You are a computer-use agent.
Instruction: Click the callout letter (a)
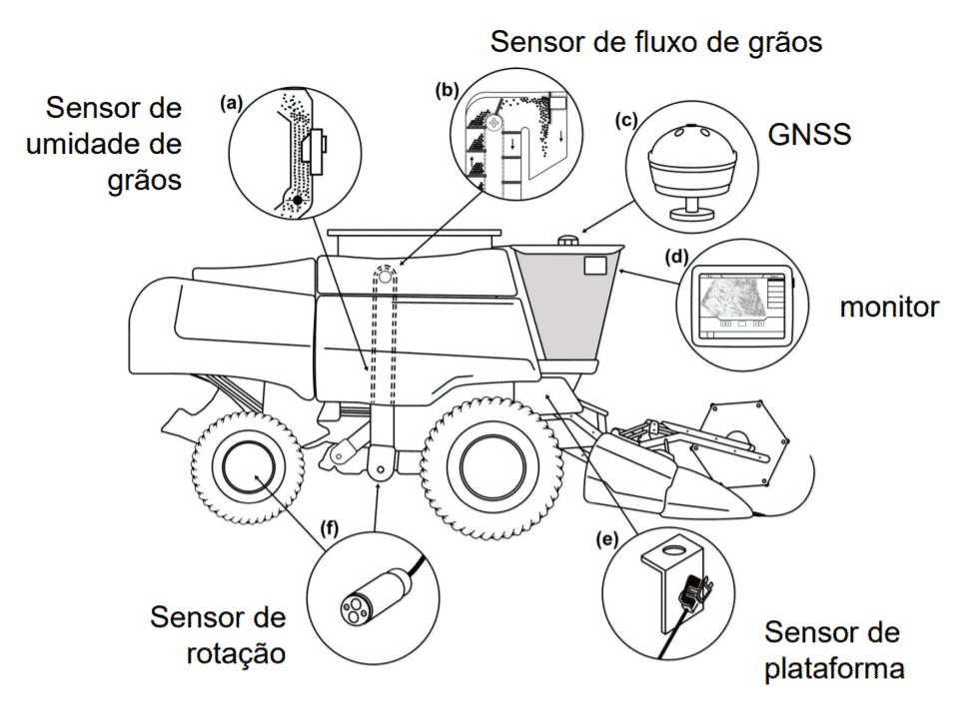pos(232,102)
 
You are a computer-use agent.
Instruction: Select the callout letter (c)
pos(626,122)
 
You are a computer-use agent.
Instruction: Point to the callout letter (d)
pos(676,257)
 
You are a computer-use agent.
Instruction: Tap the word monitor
pos(889,307)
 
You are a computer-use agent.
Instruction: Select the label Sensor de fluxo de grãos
pos(655,42)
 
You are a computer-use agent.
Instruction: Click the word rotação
pos(236,654)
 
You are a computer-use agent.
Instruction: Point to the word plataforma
pos(834,668)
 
